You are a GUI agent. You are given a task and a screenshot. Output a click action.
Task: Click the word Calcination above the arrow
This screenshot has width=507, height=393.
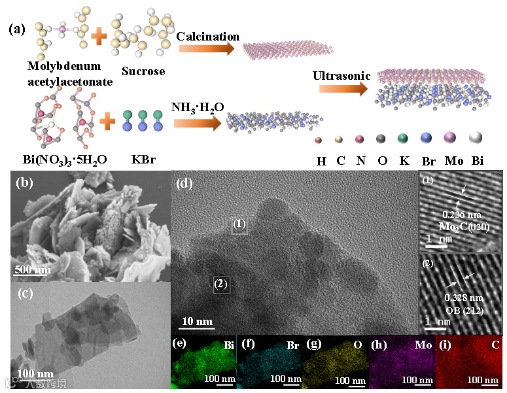(x=207, y=37)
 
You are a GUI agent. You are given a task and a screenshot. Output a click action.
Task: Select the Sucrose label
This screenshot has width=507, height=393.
(x=143, y=71)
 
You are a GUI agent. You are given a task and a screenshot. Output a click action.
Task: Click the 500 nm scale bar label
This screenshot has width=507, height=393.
(x=32, y=271)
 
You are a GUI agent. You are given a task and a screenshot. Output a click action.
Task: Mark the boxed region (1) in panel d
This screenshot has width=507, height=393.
(x=239, y=224)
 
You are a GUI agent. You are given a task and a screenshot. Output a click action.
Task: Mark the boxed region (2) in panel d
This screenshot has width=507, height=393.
(x=220, y=284)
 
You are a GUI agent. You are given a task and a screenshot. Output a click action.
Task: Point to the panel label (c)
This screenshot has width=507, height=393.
(x=26, y=294)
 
